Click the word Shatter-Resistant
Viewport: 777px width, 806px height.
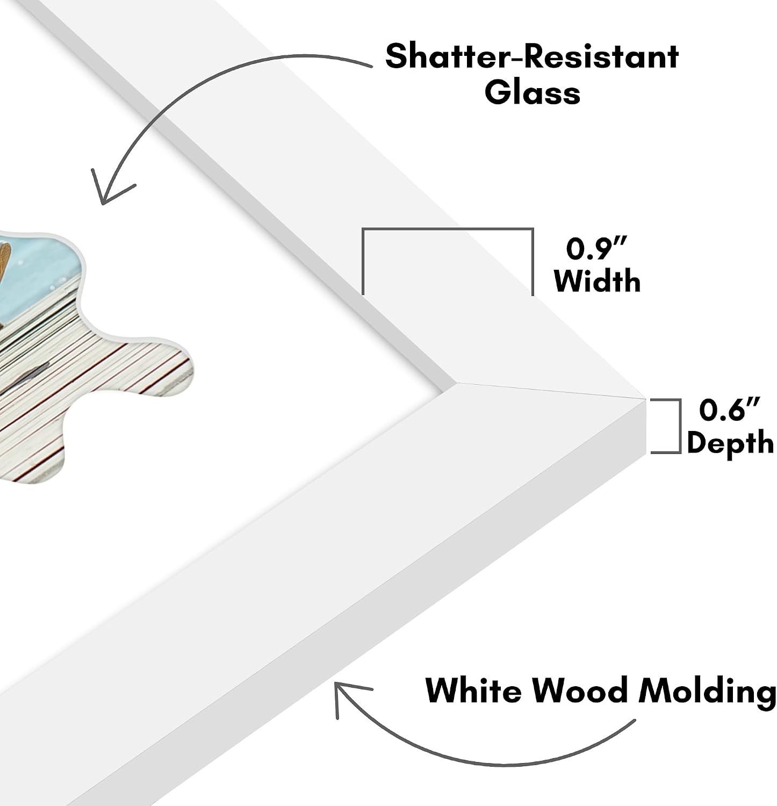coord(532,56)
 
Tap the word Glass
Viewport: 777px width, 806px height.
coord(532,92)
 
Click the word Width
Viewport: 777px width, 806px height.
coord(597,280)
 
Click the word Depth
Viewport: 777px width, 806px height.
coord(730,443)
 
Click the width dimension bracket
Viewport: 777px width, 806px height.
coord(448,230)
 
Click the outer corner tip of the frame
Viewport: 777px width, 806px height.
coord(644,398)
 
